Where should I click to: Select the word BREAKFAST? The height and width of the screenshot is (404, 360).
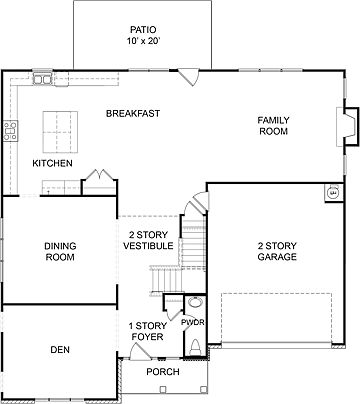(133, 114)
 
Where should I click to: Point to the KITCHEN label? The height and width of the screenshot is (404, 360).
(51, 163)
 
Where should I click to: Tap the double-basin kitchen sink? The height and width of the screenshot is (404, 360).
(43, 78)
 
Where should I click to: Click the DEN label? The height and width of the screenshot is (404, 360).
(60, 350)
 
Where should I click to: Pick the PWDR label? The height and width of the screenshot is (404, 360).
(192, 322)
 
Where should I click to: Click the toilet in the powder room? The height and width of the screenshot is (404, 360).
(194, 345)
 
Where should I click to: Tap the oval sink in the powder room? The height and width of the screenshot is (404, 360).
(196, 303)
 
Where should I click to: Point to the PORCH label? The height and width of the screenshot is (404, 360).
(162, 372)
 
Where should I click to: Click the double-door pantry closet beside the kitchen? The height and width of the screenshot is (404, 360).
(97, 183)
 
